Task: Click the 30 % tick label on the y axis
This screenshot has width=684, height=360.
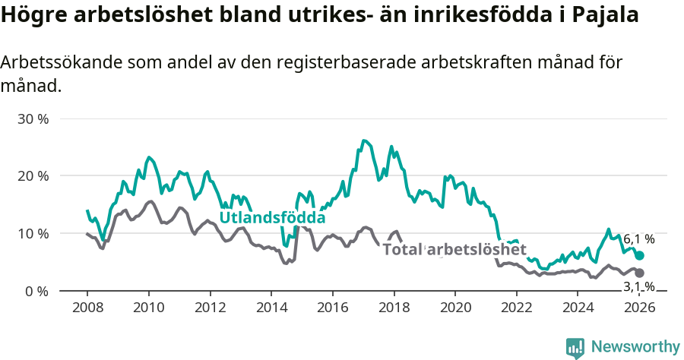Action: click(x=32, y=119)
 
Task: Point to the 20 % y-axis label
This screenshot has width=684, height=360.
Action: click(x=32, y=176)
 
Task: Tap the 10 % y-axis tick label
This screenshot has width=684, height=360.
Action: click(x=32, y=233)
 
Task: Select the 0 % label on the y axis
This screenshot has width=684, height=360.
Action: click(x=36, y=291)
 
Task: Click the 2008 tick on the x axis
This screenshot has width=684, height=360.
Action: click(x=87, y=307)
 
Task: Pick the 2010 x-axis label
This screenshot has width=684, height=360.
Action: click(x=149, y=307)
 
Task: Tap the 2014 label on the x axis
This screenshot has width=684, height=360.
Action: click(x=271, y=307)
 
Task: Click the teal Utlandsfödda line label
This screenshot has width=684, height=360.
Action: click(x=272, y=218)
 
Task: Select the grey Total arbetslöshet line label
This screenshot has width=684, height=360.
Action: click(x=454, y=249)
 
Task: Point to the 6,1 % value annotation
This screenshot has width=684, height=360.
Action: click(x=638, y=239)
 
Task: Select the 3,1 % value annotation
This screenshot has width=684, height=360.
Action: click(x=638, y=286)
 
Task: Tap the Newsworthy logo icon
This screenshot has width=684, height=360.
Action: click(x=575, y=347)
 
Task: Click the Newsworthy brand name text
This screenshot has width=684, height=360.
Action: click(x=635, y=347)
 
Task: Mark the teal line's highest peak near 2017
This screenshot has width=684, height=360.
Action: click(x=365, y=141)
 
